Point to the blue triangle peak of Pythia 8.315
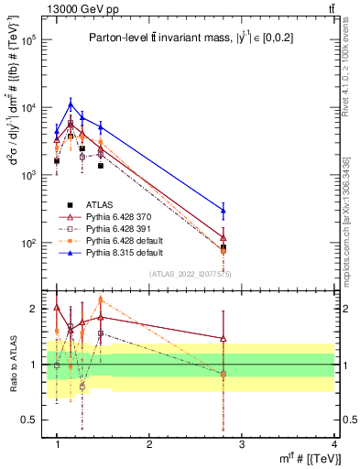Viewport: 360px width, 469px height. (x=71, y=104)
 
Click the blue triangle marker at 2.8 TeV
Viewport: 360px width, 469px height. (x=224, y=210)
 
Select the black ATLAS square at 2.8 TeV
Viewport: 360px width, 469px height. (x=224, y=247)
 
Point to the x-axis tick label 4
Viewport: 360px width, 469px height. (x=334, y=443)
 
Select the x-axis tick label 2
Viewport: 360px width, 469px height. (x=149, y=443)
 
